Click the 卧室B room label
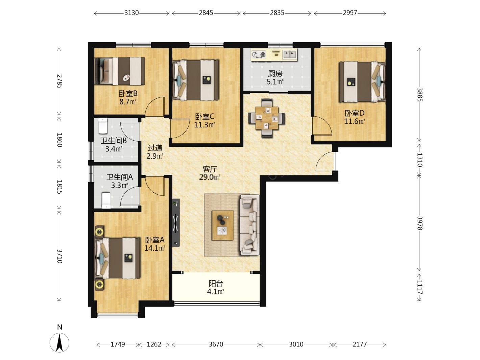pos(128,94)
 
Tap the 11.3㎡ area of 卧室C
pos(205,125)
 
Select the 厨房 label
pos(275,74)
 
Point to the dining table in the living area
pos(267,118)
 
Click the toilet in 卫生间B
pos(103,126)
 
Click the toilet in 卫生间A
pos(106,200)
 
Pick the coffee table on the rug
pos(222,225)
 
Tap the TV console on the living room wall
pos(176,223)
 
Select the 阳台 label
pos(216,284)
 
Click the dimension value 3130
pos(131,13)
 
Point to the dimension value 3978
pos(419,223)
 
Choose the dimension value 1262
pos(154,344)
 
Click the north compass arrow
pos(59,343)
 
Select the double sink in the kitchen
pos(290,54)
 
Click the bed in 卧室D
pos(362,82)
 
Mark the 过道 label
pos(155,148)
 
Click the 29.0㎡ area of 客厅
pos(210,177)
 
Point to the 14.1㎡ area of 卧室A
pos(154,248)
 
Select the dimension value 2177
pos(360,344)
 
